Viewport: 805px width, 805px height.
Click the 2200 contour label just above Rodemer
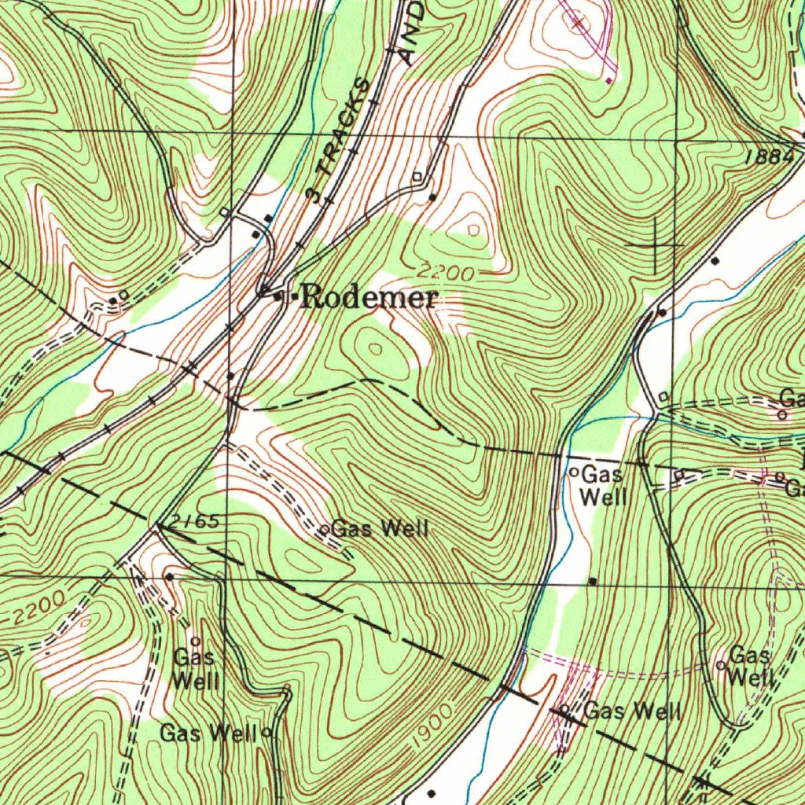click(446, 274)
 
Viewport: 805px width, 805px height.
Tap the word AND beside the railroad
click(411, 32)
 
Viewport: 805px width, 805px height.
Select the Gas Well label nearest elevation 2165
click(380, 528)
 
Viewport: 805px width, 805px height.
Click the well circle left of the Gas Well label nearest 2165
click(325, 530)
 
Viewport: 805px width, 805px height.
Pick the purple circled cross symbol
click(579, 22)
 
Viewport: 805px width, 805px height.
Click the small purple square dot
click(609, 79)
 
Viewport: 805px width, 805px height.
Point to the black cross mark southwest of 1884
click(654, 246)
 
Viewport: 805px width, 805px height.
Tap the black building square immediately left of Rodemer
click(278, 297)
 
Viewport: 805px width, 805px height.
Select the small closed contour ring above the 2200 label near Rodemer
click(473, 230)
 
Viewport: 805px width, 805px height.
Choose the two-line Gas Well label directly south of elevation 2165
click(195, 668)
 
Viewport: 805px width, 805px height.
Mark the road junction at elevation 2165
click(160, 527)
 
